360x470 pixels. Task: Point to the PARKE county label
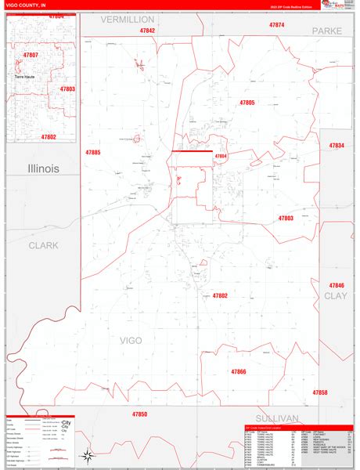[x=328, y=30]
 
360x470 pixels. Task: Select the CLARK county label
[x=44, y=245]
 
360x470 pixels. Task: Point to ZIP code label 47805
[x=247, y=103]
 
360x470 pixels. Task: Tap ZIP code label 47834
[x=337, y=146]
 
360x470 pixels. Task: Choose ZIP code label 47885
[x=94, y=152]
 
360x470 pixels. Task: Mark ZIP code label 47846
[x=337, y=285]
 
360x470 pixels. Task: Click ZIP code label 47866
[x=239, y=371]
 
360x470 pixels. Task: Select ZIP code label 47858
[x=320, y=392]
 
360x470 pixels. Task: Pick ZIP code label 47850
[x=140, y=413]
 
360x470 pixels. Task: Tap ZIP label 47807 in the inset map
[x=31, y=55]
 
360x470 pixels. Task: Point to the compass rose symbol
[x=88, y=455]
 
